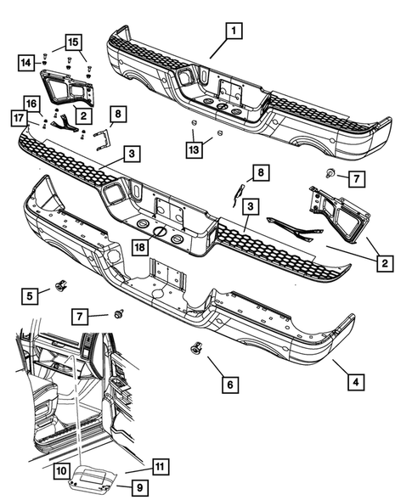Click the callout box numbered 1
click(230, 31)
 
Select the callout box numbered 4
click(357, 381)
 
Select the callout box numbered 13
click(195, 150)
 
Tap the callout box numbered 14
click(27, 61)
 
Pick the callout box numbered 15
click(72, 42)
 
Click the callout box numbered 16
click(31, 103)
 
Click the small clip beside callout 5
click(60, 286)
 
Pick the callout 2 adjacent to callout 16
click(83, 114)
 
